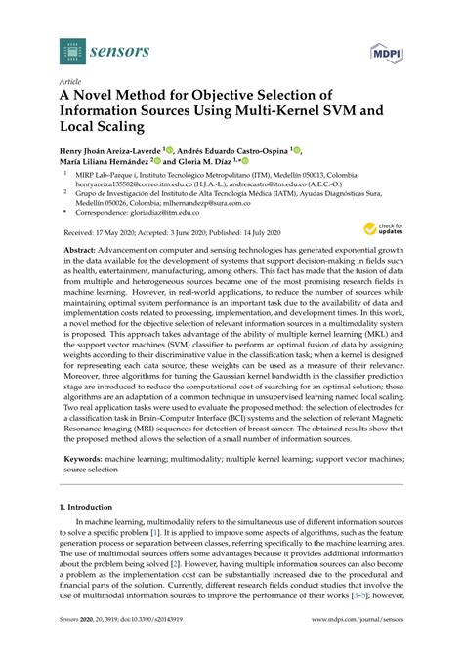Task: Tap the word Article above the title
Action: click(70, 84)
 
